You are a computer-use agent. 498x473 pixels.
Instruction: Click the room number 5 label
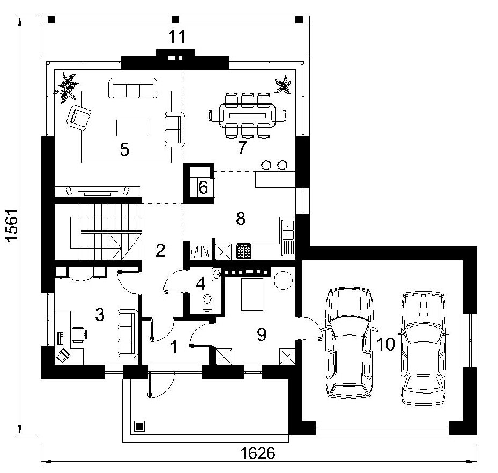coord(124,149)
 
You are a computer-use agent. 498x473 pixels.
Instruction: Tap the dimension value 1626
coord(257,453)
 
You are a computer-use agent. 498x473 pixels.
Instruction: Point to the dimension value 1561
coord(12,225)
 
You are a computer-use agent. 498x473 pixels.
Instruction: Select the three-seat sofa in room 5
coord(133,88)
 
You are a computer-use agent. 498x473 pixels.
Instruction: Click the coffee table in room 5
coord(132,128)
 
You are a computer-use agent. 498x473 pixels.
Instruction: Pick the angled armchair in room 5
coord(79,118)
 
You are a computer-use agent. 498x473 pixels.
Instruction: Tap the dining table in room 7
coord(248,115)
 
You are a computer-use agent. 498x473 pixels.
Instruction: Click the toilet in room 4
coord(207,303)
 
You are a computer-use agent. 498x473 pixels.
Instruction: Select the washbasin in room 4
coord(217,274)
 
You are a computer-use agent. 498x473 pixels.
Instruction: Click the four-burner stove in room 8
coord(243,251)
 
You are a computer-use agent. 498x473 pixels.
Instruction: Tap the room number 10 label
coord(385,344)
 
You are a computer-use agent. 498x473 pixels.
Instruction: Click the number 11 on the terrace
coord(176,37)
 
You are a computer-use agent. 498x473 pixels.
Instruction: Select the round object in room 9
coord(283,280)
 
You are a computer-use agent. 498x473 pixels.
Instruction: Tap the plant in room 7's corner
coord(283,85)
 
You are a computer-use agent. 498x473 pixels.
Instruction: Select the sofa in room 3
coord(128,334)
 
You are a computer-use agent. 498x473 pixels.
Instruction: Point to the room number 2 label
coord(160,250)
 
